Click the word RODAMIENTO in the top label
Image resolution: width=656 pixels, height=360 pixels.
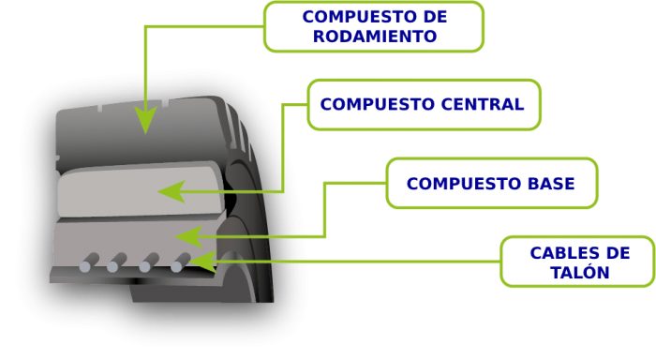point(375,37)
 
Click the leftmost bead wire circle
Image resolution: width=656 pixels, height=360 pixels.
point(85,267)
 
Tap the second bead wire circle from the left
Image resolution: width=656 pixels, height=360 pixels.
point(112,267)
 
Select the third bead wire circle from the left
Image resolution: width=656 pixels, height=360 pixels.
point(144,267)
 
